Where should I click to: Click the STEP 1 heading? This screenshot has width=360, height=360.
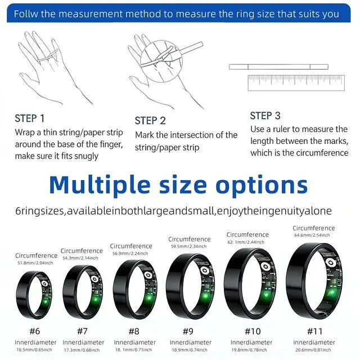30,119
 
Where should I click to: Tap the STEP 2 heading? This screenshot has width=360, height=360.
150,121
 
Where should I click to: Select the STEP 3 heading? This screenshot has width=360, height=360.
265,116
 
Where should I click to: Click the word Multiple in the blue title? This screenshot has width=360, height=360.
100,185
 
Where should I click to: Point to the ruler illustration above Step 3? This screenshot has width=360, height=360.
296,83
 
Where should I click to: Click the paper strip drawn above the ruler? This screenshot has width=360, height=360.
278,67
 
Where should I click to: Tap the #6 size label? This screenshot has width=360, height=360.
35,331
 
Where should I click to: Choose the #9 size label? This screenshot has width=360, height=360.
188,331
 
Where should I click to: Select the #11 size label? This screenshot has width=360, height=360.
315,331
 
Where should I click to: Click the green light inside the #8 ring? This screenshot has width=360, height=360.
149,298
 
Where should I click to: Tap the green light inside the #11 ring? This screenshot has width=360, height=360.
331,293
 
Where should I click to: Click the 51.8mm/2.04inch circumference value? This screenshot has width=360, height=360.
35,263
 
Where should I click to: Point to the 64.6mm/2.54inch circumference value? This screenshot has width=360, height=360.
312,235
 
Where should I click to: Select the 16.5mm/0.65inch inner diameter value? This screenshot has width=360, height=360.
34,350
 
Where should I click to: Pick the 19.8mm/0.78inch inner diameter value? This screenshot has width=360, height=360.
249,350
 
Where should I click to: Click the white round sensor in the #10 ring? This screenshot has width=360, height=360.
265,267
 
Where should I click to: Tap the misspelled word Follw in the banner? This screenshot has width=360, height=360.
26,14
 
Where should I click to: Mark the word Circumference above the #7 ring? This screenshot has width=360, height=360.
82,251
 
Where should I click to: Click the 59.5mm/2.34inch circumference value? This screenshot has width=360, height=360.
189,246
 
